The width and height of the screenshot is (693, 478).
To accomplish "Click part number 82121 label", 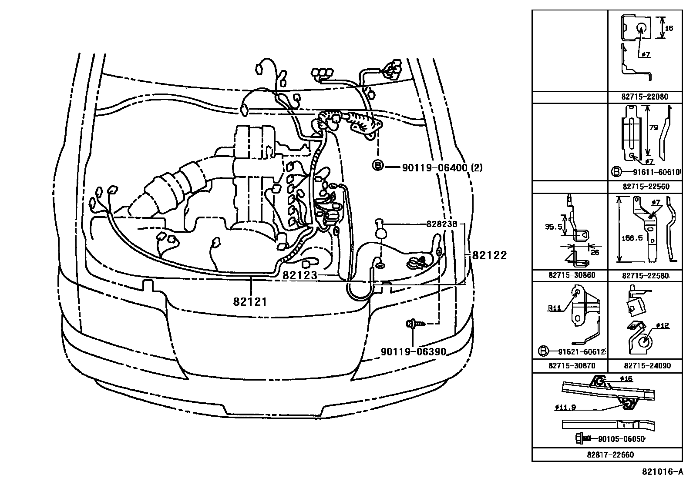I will pos(249,301).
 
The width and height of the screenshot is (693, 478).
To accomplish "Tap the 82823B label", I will pos(441,224).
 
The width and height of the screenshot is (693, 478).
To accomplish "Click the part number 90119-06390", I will pos(414,351).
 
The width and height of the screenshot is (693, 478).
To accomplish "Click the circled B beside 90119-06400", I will pos(378,166).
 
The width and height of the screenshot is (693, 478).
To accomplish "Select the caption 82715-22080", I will pos(644,97).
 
